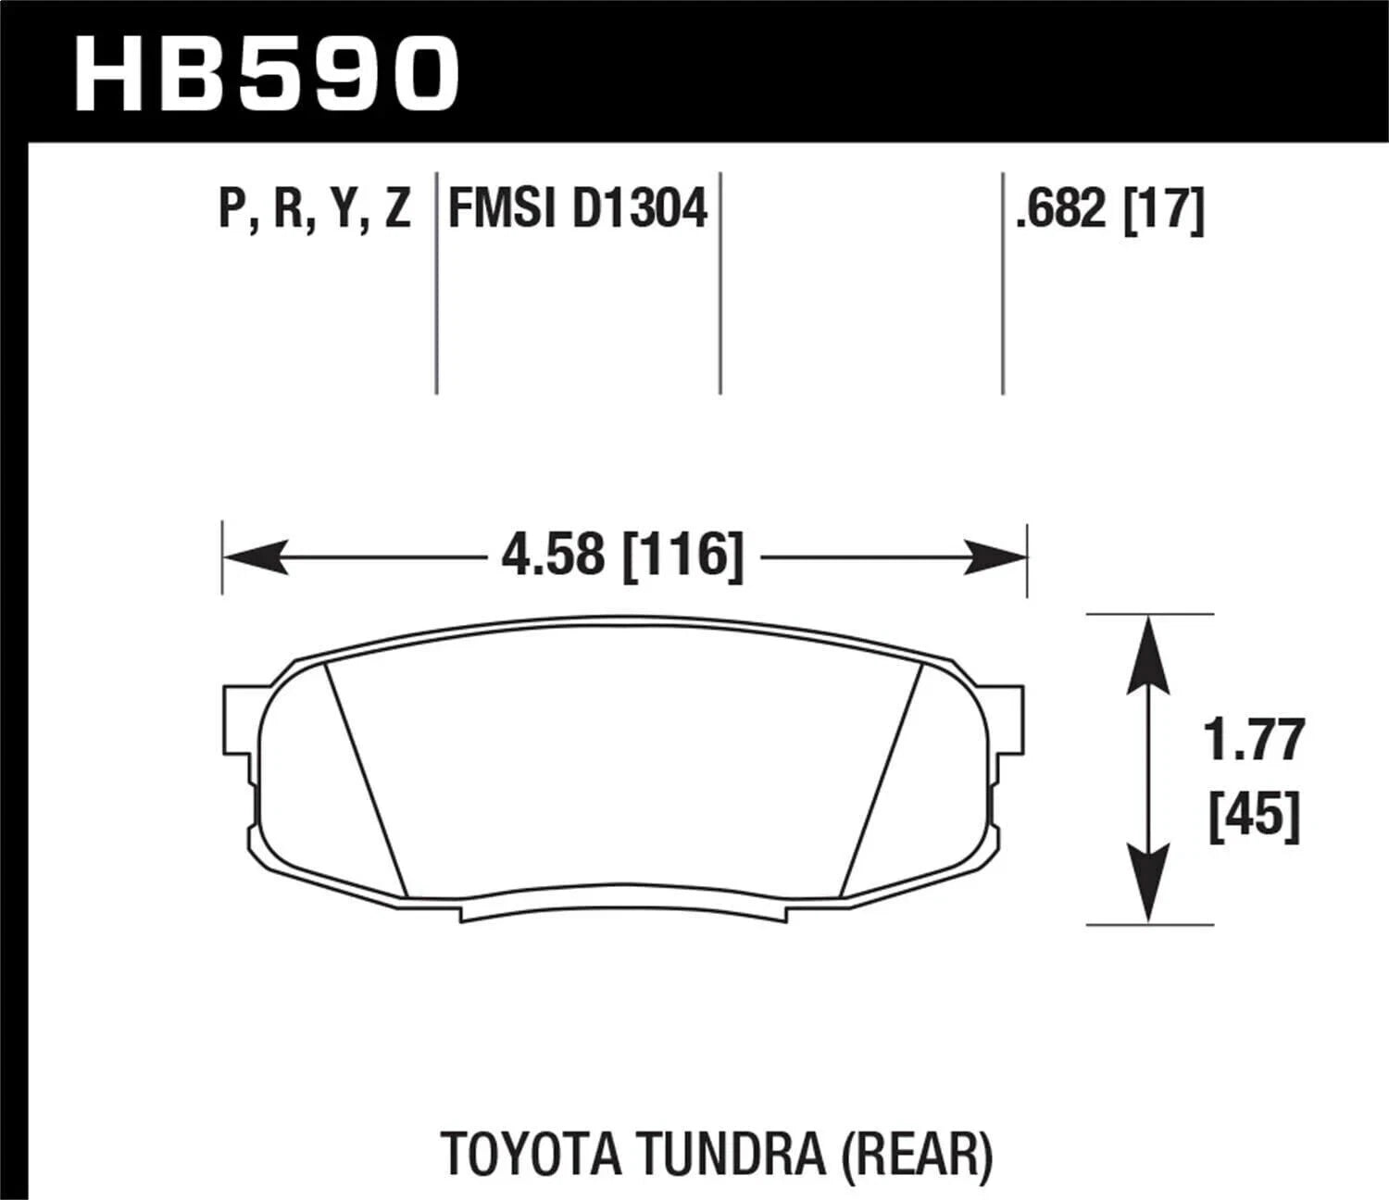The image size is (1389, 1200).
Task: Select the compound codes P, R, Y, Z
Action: [314, 207]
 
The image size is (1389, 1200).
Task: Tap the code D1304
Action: [640, 207]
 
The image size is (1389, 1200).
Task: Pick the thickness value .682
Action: [1061, 209]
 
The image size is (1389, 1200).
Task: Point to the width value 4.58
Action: [552, 556]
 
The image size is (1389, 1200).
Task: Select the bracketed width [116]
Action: [683, 556]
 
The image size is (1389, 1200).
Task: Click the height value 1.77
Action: [1254, 741]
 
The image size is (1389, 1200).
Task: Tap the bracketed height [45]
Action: [1255, 815]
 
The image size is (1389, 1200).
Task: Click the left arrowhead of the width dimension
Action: [255, 557]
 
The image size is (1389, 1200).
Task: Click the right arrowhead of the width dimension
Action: [995, 557]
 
